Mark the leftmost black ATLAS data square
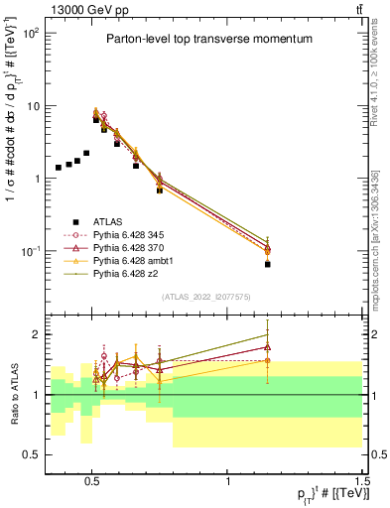pos(59,168)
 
